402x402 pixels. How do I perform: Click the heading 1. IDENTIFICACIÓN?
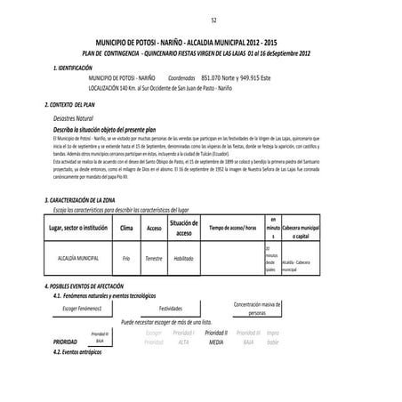[81, 67]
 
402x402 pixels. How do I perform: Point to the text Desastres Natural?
[73, 117]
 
